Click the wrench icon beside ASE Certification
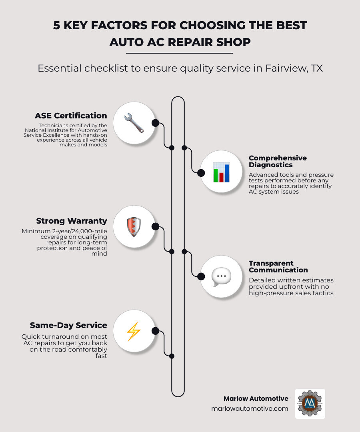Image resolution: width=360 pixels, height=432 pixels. (x=134, y=123)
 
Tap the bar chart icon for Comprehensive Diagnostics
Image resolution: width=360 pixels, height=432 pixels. (x=221, y=172)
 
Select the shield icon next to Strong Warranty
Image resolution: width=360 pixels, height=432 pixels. (x=134, y=227)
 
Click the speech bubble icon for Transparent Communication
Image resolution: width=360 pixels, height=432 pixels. (x=221, y=276)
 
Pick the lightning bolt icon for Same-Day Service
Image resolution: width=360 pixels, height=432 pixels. (x=134, y=331)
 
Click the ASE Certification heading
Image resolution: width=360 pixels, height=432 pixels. (x=71, y=116)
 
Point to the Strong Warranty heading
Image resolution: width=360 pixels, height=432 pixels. (x=72, y=221)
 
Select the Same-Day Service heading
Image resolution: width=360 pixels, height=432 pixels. (x=68, y=325)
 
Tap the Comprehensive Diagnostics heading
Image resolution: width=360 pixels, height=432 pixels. (x=278, y=161)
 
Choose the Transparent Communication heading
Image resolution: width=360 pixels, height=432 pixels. (x=278, y=266)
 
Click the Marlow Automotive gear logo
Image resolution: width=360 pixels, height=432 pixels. (x=310, y=404)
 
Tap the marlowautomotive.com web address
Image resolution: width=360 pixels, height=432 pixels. (x=250, y=409)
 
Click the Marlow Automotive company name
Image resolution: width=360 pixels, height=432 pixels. (x=256, y=398)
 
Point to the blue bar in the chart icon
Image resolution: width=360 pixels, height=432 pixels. (x=227, y=173)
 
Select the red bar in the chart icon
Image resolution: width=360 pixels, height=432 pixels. (x=221, y=177)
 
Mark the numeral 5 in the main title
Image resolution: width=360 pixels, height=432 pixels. (x=57, y=25)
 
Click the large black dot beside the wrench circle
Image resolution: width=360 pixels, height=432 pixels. (x=155, y=123)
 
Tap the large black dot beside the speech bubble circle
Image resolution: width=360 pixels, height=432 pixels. (x=201, y=276)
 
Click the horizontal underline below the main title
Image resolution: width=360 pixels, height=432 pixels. (x=179, y=53)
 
